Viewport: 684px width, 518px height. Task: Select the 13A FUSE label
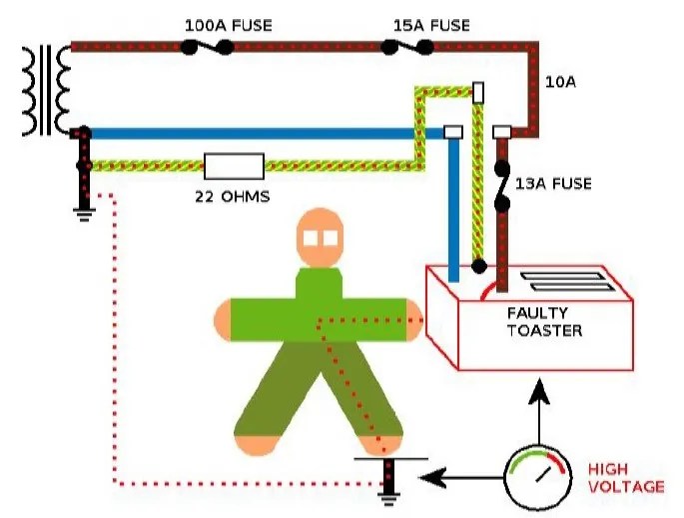553,184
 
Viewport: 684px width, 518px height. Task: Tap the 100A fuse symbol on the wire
208,46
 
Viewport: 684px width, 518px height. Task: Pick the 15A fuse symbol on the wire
407,46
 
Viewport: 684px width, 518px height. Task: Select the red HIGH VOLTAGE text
625,477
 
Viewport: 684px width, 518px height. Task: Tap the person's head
321,239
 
